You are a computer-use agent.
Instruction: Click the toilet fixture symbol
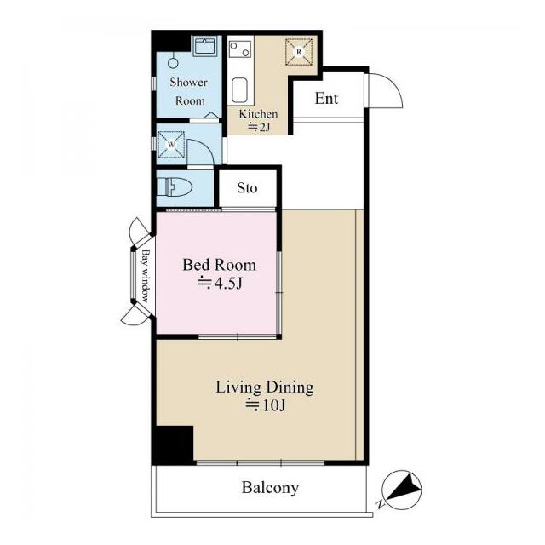[x=174, y=187]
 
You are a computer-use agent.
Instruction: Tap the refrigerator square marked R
[x=299, y=52]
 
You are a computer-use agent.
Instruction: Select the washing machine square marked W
[x=171, y=144]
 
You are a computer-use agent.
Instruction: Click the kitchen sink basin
[x=239, y=90]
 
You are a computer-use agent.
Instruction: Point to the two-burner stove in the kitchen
[x=240, y=49]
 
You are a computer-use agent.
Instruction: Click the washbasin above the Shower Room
[x=204, y=46]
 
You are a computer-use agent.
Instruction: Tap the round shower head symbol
[x=173, y=63]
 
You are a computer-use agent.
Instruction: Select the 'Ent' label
[x=326, y=99]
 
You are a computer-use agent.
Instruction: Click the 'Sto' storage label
[x=247, y=188]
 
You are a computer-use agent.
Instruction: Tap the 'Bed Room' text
[x=220, y=265]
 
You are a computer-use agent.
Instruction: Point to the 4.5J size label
[x=220, y=284]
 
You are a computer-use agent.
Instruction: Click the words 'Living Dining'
[x=265, y=387]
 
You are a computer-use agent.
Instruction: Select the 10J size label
[x=265, y=405]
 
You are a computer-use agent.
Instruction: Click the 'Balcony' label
[x=270, y=488]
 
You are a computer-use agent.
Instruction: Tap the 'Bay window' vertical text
[x=146, y=276]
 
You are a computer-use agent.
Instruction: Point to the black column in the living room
[x=174, y=445]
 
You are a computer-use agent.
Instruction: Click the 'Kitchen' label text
[x=258, y=114]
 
